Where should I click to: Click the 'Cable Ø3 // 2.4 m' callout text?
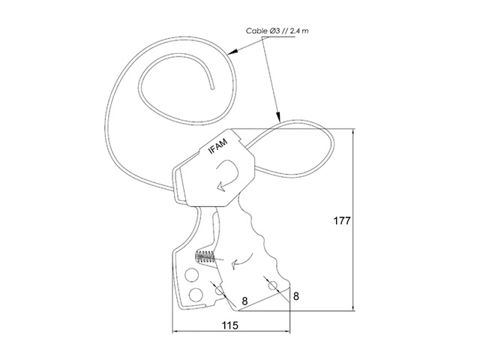coord(277,31)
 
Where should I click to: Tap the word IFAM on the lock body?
coord(218,146)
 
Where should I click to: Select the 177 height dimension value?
coord(342,220)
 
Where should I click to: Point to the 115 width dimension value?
coord(230,325)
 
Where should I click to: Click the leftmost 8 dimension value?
coord(244,301)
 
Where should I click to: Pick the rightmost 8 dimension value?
coord(295,296)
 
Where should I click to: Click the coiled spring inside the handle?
coord(205,256)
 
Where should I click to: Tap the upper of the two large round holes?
coord(192,274)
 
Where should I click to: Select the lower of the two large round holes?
coord(196,295)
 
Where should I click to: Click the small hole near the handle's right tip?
coord(272,286)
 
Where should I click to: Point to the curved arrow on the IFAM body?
coord(227,175)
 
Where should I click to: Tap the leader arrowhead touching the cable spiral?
coord(232,52)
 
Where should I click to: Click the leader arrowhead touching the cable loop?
coord(278,117)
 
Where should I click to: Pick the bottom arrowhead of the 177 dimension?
coord(354,306)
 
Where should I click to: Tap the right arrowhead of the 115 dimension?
coord(285,331)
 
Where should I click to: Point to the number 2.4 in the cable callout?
coord(295,31)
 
